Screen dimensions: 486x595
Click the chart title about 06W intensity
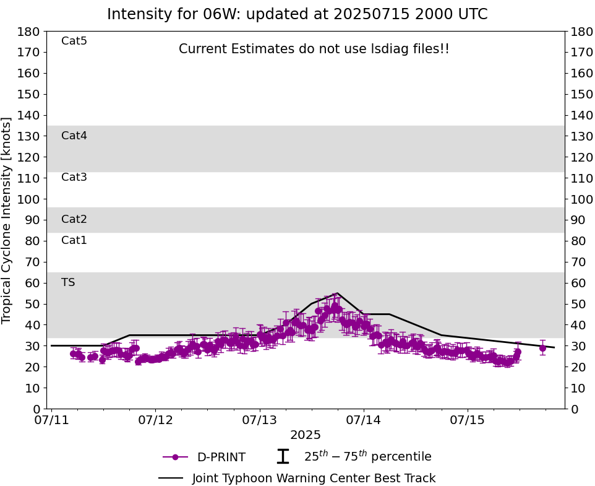point(297,14)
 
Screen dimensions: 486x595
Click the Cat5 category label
point(74,41)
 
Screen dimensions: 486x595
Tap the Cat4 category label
point(74,136)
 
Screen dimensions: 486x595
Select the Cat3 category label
point(74,178)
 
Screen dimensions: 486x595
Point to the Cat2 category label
point(74,219)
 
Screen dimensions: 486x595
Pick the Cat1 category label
point(74,240)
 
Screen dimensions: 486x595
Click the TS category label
point(68,282)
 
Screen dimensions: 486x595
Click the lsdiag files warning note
point(314,49)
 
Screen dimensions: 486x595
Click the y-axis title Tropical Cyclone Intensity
point(7,220)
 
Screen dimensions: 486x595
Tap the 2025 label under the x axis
point(306,435)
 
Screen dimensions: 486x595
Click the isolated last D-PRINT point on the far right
point(542,348)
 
